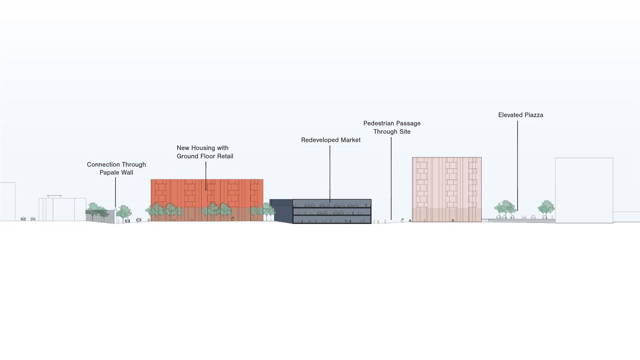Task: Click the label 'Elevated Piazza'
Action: (520, 115)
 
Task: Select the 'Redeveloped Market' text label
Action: (330, 140)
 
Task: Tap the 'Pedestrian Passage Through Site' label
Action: (392, 127)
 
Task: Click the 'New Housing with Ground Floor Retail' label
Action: (205, 152)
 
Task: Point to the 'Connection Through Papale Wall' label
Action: (116, 168)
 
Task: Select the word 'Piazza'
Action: (533, 115)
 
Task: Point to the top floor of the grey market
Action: (331, 204)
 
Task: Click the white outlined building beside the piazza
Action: (583, 190)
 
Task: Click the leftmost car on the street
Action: (23, 219)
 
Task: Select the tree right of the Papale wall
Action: (124, 212)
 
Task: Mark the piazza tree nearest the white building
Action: (546, 207)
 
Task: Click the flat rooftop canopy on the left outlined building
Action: (54, 196)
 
